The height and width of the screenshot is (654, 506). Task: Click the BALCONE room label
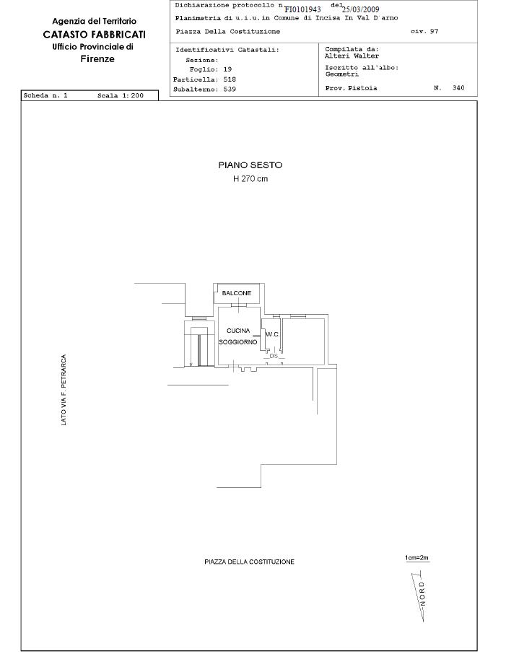coord(237,293)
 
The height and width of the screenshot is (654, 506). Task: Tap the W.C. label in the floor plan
coord(272,334)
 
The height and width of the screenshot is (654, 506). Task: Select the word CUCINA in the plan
coord(238,331)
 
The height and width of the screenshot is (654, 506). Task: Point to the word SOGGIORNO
coord(238,342)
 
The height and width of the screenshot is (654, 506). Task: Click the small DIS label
coord(274,356)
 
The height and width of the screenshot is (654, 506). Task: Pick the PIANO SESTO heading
coord(250,165)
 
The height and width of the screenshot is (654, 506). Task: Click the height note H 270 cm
coord(250,179)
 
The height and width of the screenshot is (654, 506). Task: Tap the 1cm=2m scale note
coord(416,558)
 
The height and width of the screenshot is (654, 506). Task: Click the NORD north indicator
coord(422,594)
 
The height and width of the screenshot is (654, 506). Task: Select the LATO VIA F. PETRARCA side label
coord(64,390)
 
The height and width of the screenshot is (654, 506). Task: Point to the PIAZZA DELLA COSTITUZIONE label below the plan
coord(250,562)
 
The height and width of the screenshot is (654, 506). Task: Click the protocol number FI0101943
coord(303,9)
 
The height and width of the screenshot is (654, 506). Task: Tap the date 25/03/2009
coord(360,9)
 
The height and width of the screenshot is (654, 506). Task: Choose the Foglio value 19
coord(227,69)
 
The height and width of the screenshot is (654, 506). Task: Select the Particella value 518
coord(230,79)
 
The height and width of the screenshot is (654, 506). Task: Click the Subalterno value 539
coord(230,89)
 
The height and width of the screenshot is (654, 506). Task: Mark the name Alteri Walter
coord(352,56)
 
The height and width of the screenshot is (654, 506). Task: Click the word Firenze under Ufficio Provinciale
coord(97,58)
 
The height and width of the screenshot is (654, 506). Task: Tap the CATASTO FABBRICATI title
coord(95,34)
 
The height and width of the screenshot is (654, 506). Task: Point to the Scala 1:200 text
coord(121,95)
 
